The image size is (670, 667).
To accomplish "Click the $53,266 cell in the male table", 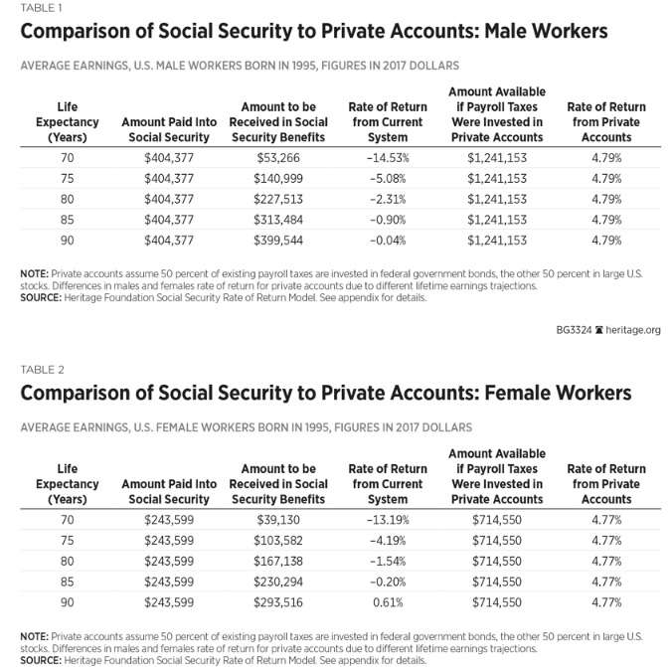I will click(x=277, y=159).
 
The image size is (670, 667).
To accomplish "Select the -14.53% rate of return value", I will click(x=388, y=159).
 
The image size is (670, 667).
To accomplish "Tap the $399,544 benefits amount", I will click(x=277, y=239).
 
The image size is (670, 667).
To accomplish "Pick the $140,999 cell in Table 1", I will click(x=277, y=179).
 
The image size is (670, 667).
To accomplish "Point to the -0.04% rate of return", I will click(x=388, y=239).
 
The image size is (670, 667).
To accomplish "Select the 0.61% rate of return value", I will click(x=388, y=601).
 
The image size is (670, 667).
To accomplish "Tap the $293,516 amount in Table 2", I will click(x=277, y=601).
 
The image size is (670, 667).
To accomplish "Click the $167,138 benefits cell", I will click(x=277, y=562).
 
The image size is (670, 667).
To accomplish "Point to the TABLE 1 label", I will click(x=36, y=8).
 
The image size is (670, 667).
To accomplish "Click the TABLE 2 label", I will click(x=36, y=370).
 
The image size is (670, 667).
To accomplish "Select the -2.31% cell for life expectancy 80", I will click(x=388, y=199).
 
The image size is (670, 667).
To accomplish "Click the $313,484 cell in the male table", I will click(x=277, y=219).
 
